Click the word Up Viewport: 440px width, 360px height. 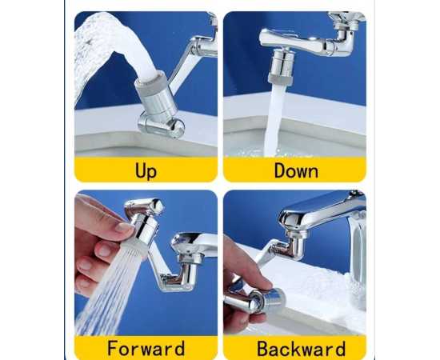(146, 171)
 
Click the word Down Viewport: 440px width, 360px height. (296, 170)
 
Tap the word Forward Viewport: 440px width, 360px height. (146, 348)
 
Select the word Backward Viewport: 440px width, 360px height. (301, 349)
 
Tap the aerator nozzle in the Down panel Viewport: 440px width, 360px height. (281, 66)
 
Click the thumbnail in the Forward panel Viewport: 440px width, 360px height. (124, 226)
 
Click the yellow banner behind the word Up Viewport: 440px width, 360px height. (146, 170)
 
